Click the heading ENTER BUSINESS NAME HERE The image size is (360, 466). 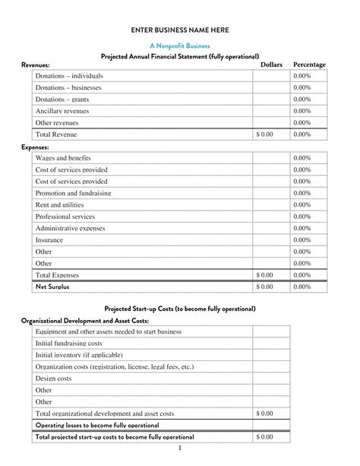point(180,30)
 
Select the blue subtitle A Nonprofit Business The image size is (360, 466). point(180,46)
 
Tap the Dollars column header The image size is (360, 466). point(271,65)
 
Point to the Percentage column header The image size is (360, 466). point(309,65)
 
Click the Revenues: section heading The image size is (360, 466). point(36,65)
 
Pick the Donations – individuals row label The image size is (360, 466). point(69,76)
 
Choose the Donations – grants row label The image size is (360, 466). point(62,100)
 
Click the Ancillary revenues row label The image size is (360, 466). point(62,111)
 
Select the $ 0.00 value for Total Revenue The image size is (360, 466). point(264,135)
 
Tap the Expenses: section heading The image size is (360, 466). point(35,147)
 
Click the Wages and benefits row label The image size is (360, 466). point(63,158)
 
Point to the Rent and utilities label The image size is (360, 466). point(60,205)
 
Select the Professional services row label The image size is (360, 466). point(65,217)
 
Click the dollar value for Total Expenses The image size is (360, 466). point(264,275)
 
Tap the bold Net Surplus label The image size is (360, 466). point(52,287)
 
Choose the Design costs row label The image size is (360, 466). point(54,379)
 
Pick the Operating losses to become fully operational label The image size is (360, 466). point(97,425)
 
